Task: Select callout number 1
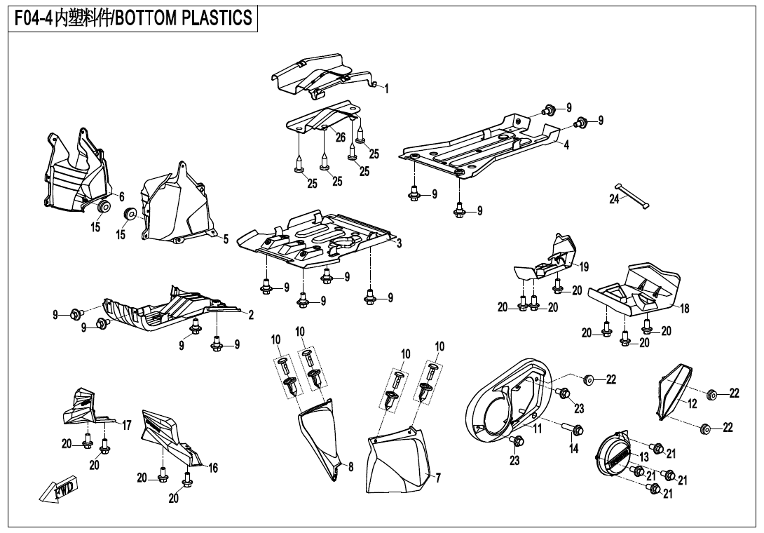click(x=386, y=89)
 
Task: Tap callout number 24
click(x=614, y=200)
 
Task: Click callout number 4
click(x=566, y=145)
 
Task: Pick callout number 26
click(x=340, y=137)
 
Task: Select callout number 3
click(x=398, y=243)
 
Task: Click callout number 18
click(x=685, y=309)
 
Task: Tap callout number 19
click(x=584, y=266)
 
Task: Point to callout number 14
click(x=574, y=449)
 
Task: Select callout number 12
click(x=692, y=403)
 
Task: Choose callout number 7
click(x=437, y=478)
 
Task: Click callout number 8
click(x=350, y=466)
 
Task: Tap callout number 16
click(x=213, y=468)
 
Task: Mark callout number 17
click(x=127, y=425)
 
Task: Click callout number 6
click(x=121, y=196)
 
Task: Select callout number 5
click(x=226, y=239)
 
